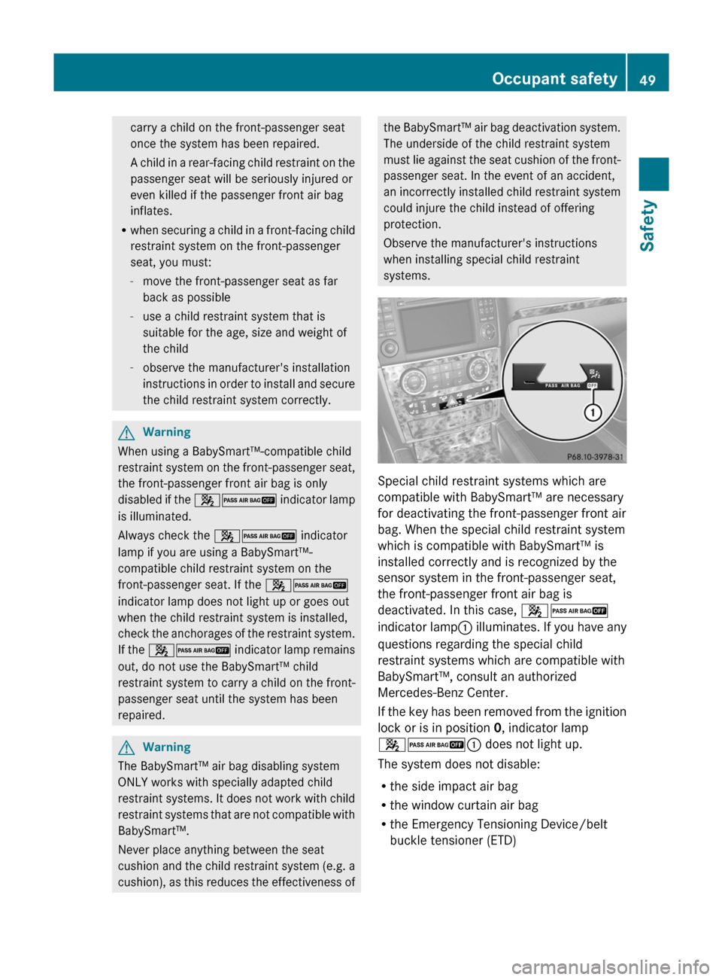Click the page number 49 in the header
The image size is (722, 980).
coord(648,80)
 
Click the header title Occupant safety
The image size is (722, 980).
coord(554,79)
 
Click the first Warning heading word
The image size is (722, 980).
coord(166,432)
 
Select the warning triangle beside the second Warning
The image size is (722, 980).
coord(126,747)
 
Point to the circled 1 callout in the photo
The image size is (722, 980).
coord(593,412)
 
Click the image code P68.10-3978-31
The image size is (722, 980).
coord(594,457)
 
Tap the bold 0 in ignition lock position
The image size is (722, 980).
coord(497,728)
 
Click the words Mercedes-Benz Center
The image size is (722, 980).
coord(443,693)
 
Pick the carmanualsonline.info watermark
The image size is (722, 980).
coord(610,966)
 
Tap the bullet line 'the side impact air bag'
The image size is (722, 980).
coord(454,787)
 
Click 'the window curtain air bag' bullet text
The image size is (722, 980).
coord(464,805)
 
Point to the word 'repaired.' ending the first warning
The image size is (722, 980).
coord(141,716)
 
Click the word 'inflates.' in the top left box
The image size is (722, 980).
coord(151,212)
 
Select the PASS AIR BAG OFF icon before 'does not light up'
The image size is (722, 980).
coord(436,745)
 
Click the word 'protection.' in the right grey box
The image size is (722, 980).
coord(412,224)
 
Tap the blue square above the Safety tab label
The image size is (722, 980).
coord(654,175)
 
